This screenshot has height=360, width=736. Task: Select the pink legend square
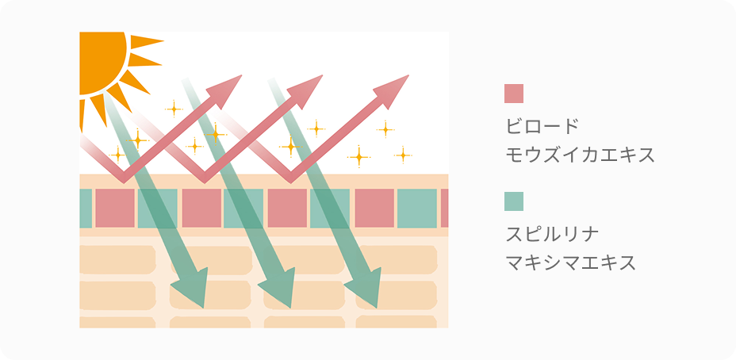click(514, 94)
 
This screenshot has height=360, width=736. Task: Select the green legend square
click(514, 201)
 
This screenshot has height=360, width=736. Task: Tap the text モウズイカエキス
click(580, 154)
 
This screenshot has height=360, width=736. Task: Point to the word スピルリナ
click(551, 234)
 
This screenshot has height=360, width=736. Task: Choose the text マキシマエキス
click(570, 262)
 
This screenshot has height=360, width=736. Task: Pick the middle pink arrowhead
click(310, 86)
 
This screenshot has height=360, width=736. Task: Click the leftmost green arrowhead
click(191, 289)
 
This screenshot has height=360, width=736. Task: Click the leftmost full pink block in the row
click(115, 209)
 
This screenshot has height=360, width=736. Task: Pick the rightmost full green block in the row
click(417, 209)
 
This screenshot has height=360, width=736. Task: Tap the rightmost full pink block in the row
click(374, 209)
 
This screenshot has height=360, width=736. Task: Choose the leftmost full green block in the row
click(157, 209)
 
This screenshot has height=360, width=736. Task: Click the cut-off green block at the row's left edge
click(85, 209)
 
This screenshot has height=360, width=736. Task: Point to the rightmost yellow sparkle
click(403, 154)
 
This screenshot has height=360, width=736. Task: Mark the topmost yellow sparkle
click(173, 108)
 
